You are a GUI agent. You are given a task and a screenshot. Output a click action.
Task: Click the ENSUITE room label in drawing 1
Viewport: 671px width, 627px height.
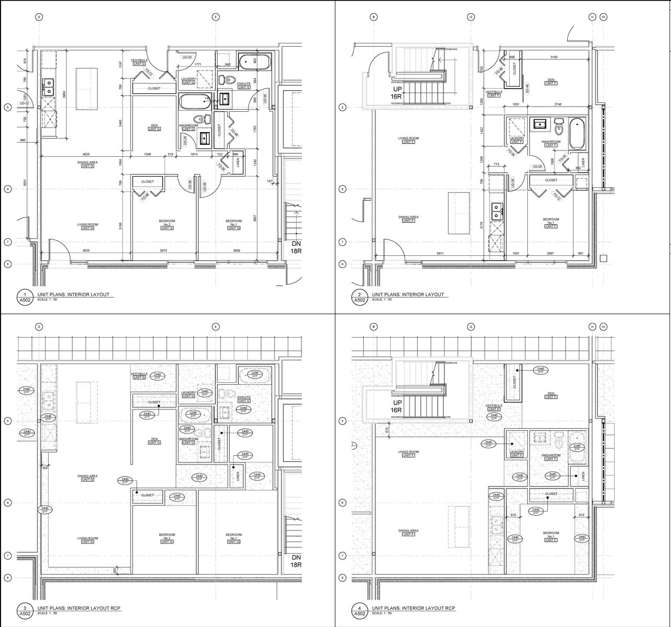244,84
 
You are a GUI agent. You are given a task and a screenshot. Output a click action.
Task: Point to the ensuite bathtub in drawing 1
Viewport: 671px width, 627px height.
254,61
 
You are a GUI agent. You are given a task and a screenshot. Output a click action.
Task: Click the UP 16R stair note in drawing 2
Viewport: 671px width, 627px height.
395,93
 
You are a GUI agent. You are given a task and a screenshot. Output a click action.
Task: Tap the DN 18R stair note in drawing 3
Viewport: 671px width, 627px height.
296,561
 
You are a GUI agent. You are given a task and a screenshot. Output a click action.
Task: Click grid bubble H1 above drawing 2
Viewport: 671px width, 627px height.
603,17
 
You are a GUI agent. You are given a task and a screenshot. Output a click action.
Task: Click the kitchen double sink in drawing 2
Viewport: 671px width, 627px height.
495,211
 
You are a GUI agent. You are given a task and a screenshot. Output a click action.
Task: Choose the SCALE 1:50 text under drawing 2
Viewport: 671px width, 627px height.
383,300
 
